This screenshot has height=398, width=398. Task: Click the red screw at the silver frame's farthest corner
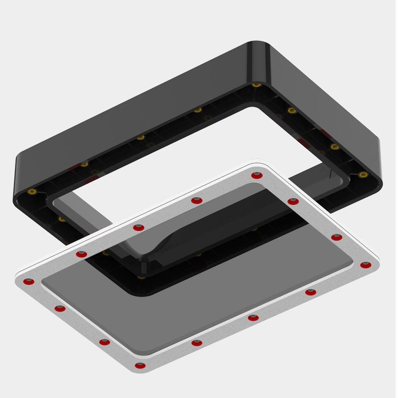point(257,176)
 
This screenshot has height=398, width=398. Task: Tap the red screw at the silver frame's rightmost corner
point(366,265)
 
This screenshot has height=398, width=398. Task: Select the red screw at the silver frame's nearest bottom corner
point(140,366)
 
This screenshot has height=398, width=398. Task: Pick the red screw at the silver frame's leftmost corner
point(29,282)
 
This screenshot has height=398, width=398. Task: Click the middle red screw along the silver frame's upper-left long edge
point(139,228)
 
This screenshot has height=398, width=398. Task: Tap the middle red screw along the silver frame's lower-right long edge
point(253,318)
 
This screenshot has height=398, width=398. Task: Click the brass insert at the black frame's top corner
point(257,85)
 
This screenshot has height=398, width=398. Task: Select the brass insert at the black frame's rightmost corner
point(363,174)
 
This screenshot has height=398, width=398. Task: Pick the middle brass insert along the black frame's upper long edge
point(140,138)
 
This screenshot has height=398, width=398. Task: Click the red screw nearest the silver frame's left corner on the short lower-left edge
point(60,308)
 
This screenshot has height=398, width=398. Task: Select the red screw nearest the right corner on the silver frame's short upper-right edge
point(337,238)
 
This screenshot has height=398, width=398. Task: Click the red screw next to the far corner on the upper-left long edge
point(197,201)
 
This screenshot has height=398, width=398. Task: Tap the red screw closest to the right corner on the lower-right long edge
point(310,293)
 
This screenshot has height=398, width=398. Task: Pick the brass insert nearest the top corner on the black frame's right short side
point(292,110)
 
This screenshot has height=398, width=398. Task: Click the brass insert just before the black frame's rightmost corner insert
point(335,147)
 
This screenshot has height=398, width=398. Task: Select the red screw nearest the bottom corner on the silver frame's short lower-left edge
point(105,342)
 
